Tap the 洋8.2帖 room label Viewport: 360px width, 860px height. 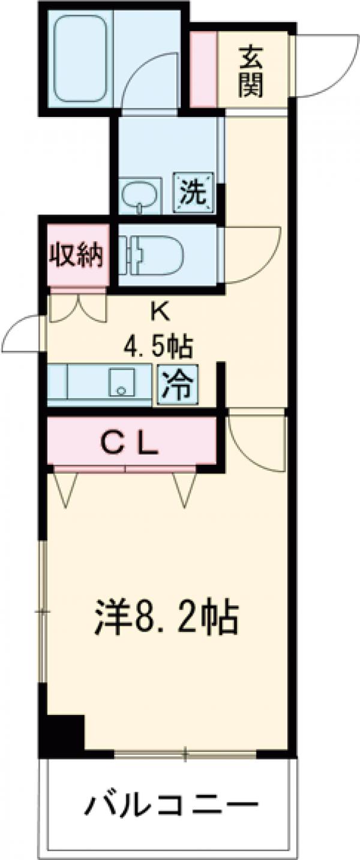(x=167, y=618)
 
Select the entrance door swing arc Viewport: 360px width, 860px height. (x=321, y=66)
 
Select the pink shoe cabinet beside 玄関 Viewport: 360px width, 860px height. (x=203, y=69)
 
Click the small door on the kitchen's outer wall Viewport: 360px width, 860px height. (x=24, y=333)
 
